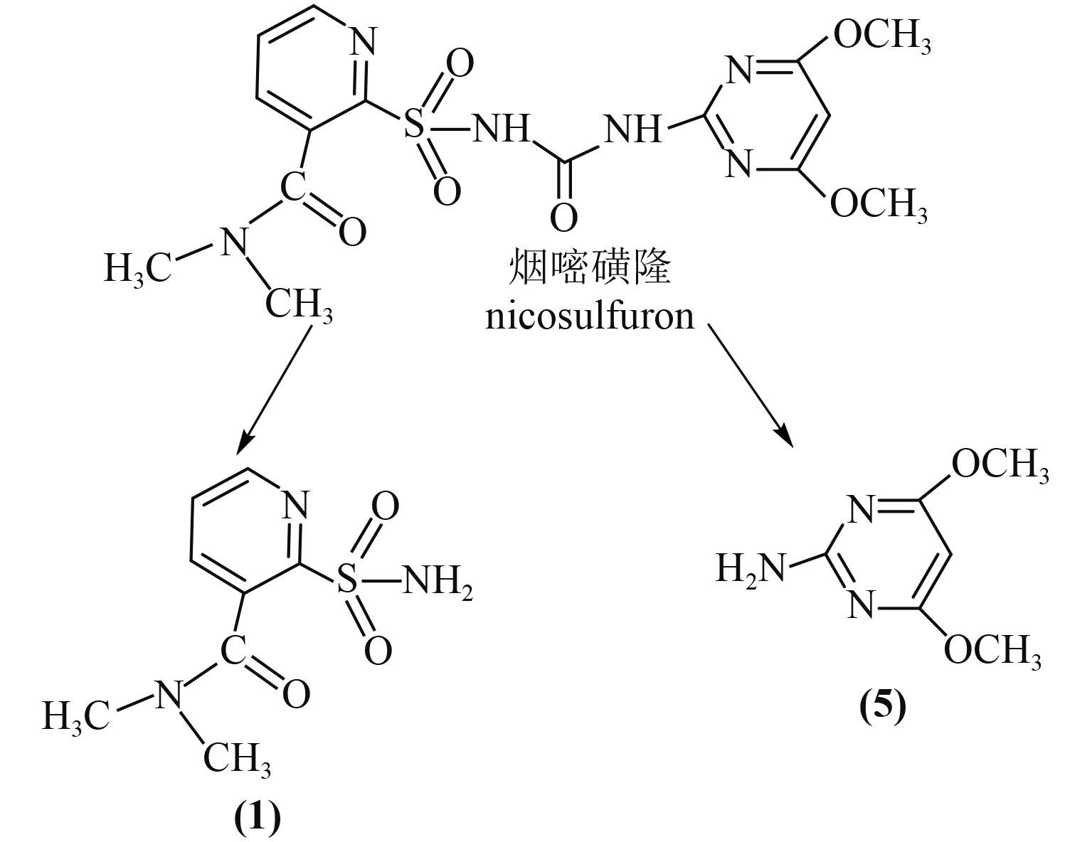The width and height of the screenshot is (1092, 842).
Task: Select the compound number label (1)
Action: pyautogui.click(x=258, y=818)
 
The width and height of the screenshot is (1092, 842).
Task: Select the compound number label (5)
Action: pyautogui.click(x=883, y=708)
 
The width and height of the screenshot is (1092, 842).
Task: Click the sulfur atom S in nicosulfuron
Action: pyautogui.click(x=414, y=129)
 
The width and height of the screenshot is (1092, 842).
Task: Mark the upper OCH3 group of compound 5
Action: pyautogui.click(x=1000, y=466)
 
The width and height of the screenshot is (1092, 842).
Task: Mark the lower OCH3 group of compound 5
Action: pyautogui.click(x=992, y=649)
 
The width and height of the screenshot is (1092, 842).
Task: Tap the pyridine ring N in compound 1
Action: pyautogui.click(x=295, y=506)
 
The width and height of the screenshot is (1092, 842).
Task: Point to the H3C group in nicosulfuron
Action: pyautogui.click(x=137, y=270)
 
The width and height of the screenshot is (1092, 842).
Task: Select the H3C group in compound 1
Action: pyautogui.click(x=75, y=715)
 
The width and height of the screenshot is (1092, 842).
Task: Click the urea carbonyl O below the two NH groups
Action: pyautogui.click(x=563, y=218)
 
